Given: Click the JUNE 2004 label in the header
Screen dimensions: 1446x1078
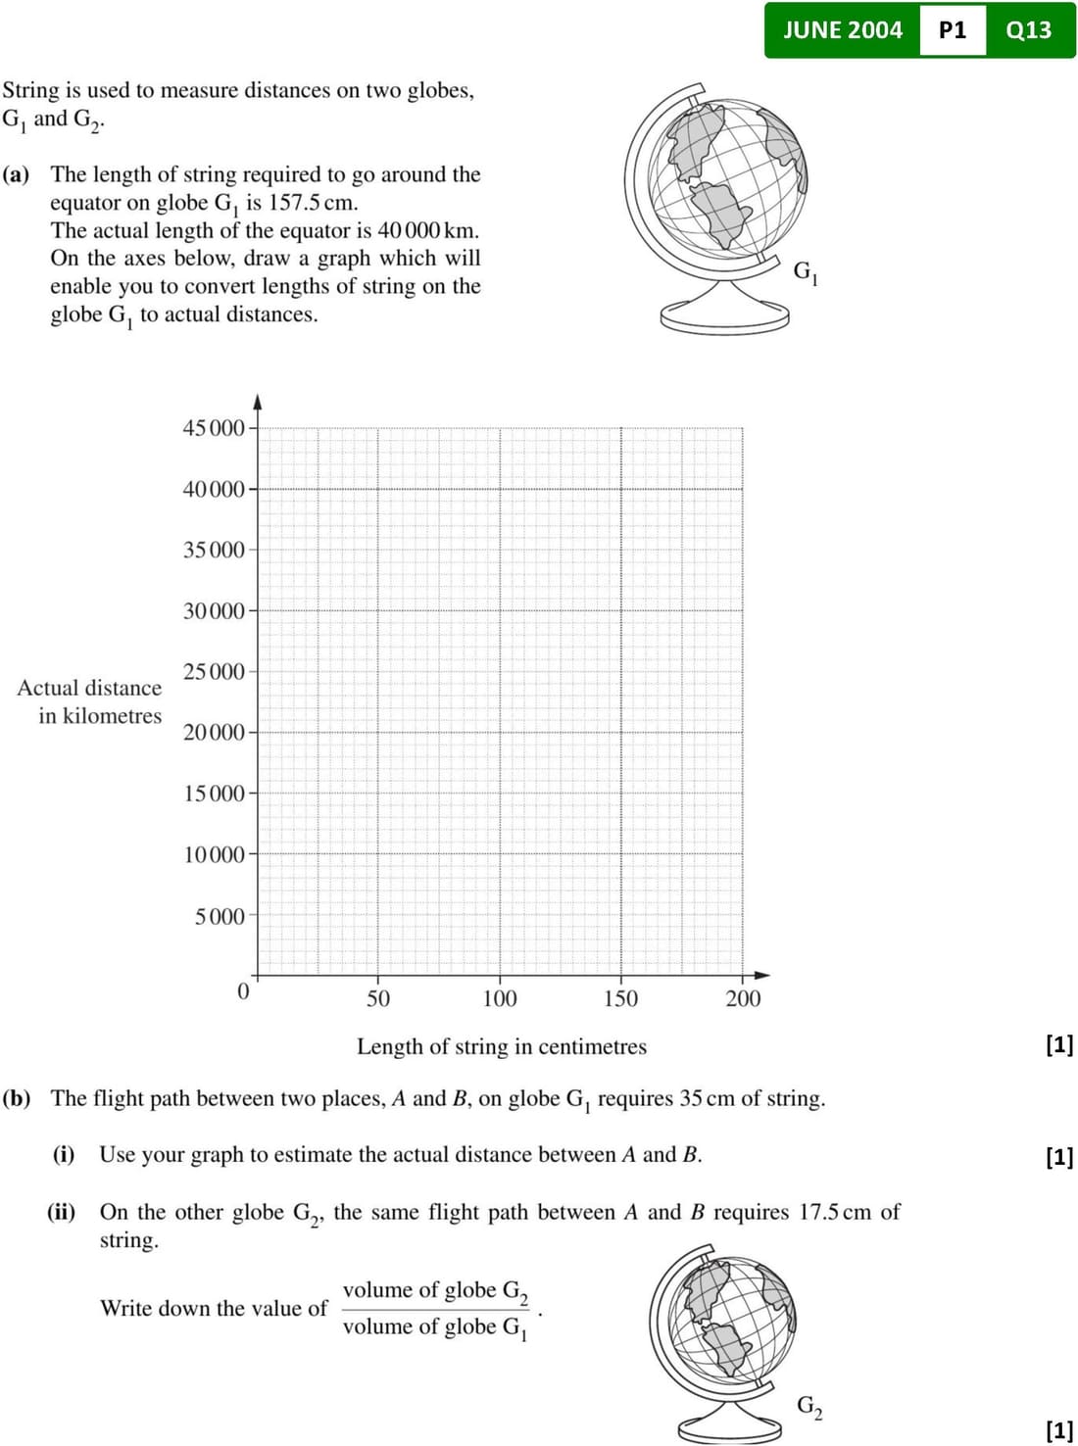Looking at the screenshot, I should [x=842, y=30].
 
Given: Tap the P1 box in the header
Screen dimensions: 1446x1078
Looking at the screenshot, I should [x=952, y=30].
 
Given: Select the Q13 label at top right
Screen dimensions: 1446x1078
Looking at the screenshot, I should [x=1028, y=30].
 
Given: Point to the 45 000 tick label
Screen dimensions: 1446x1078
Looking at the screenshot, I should [x=214, y=428].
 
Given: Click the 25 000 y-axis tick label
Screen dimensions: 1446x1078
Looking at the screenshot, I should [x=214, y=672].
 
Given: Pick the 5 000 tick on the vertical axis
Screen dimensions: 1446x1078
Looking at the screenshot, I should [x=220, y=917].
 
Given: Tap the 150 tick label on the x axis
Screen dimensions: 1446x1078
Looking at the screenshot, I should [x=620, y=999].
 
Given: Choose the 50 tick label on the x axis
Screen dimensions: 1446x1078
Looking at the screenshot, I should [x=378, y=999].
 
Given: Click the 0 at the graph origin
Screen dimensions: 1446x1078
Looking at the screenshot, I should [x=244, y=991].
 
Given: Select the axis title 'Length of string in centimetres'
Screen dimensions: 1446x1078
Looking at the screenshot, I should [x=501, y=1047].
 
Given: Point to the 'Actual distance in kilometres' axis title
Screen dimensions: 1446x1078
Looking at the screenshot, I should [x=90, y=701].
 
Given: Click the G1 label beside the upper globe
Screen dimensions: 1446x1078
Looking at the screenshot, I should [x=806, y=272].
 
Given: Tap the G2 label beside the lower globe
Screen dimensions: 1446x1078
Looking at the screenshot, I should [x=809, y=1407].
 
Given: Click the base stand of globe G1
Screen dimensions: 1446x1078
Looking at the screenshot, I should [x=724, y=315].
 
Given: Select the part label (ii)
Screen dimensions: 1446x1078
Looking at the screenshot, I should [x=62, y=1212].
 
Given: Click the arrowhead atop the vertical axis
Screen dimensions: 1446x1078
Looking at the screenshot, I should [x=258, y=401].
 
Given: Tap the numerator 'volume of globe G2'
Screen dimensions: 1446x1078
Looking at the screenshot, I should [x=435, y=1291].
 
